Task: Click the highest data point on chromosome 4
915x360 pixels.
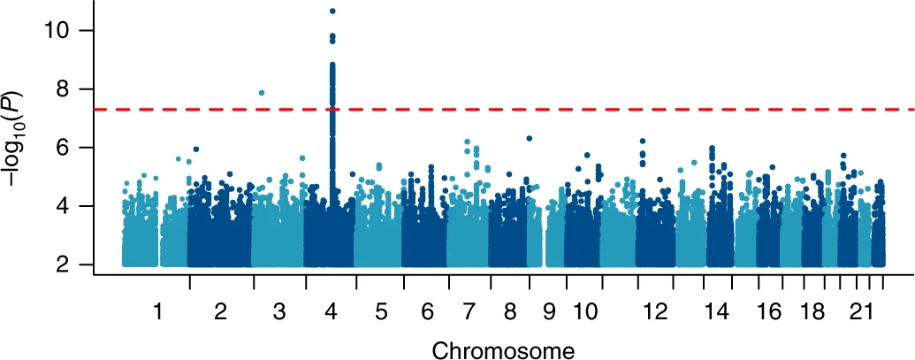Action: (332, 11)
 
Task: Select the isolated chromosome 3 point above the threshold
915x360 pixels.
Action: (262, 93)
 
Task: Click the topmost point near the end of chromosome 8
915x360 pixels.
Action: (529, 138)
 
